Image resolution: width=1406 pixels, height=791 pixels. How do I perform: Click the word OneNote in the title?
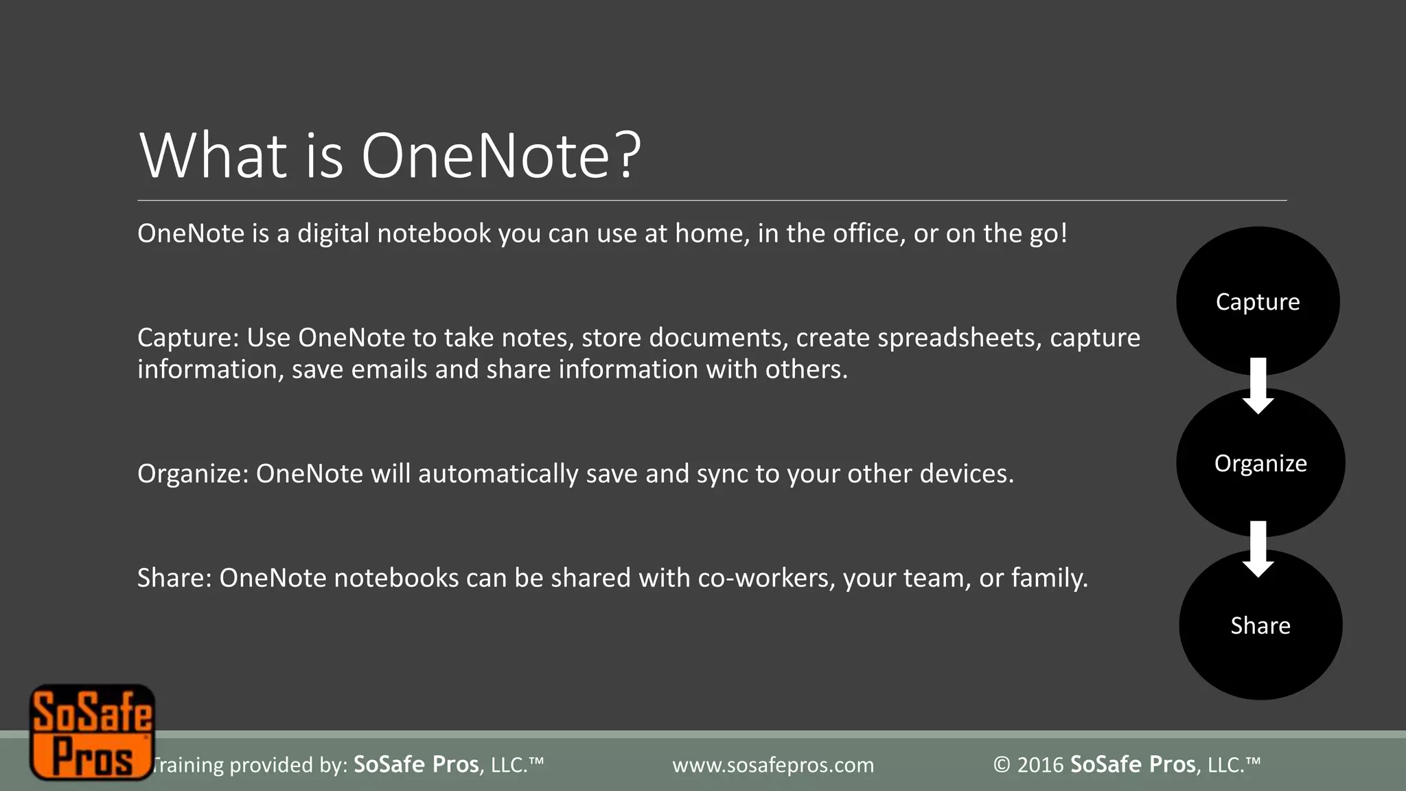pyautogui.click(x=485, y=157)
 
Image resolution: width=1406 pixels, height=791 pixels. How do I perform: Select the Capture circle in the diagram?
pyautogui.click(x=1257, y=301)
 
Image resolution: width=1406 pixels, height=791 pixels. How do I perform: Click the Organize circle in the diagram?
pyautogui.click(x=1260, y=463)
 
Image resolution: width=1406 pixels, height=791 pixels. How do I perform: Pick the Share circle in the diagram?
pyautogui.click(x=1260, y=625)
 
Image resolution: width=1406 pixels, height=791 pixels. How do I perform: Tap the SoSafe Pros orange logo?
pyautogui.click(x=91, y=732)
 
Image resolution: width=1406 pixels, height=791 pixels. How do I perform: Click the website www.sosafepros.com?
pyautogui.click(x=773, y=765)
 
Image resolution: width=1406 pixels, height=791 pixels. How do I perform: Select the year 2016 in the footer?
pyautogui.click(x=1040, y=765)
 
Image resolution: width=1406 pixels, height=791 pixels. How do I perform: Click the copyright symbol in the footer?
pyautogui.click(x=1002, y=765)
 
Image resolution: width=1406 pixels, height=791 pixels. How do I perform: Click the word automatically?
pyautogui.click(x=498, y=474)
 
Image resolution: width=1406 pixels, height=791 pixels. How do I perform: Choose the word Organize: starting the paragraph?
pyautogui.click(x=192, y=474)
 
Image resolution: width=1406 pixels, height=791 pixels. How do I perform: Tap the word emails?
pyautogui.click(x=389, y=369)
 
